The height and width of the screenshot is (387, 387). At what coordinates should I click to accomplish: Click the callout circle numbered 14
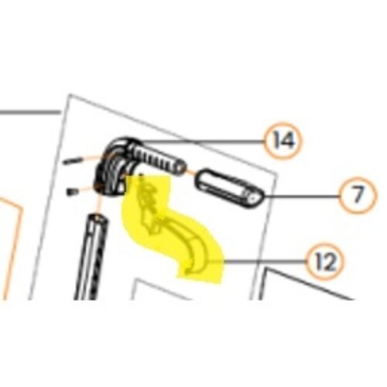click(283, 141)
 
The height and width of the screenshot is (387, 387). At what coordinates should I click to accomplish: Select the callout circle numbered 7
click(358, 196)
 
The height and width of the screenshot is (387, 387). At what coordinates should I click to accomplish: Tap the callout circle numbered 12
click(325, 262)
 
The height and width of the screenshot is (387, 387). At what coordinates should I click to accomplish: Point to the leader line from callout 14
click(203, 141)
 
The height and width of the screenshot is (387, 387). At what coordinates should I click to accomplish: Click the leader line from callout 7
click(301, 197)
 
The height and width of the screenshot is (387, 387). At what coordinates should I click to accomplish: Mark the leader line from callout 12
click(258, 262)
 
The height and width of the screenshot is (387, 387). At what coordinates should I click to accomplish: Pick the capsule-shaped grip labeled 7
click(231, 189)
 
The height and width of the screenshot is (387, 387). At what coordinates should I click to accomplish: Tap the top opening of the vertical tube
click(98, 218)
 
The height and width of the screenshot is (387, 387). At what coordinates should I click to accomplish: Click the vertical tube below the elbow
click(91, 257)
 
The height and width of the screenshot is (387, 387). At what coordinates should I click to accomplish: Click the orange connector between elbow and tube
click(99, 204)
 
